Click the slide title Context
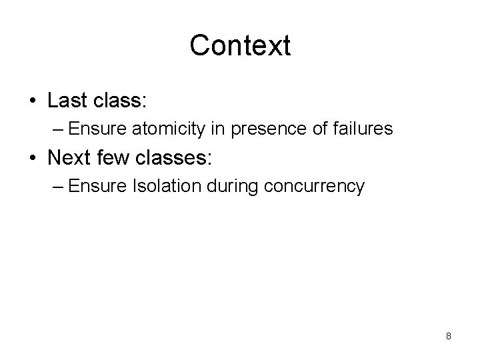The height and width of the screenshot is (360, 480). click(x=240, y=45)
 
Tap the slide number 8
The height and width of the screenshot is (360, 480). click(x=449, y=336)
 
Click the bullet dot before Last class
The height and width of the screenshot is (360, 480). click(x=33, y=102)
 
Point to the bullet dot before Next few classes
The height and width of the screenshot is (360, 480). click(x=33, y=158)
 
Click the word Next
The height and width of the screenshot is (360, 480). click(x=68, y=157)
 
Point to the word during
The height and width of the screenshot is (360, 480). click(x=235, y=185)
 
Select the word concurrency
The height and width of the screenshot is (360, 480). click(x=315, y=186)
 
